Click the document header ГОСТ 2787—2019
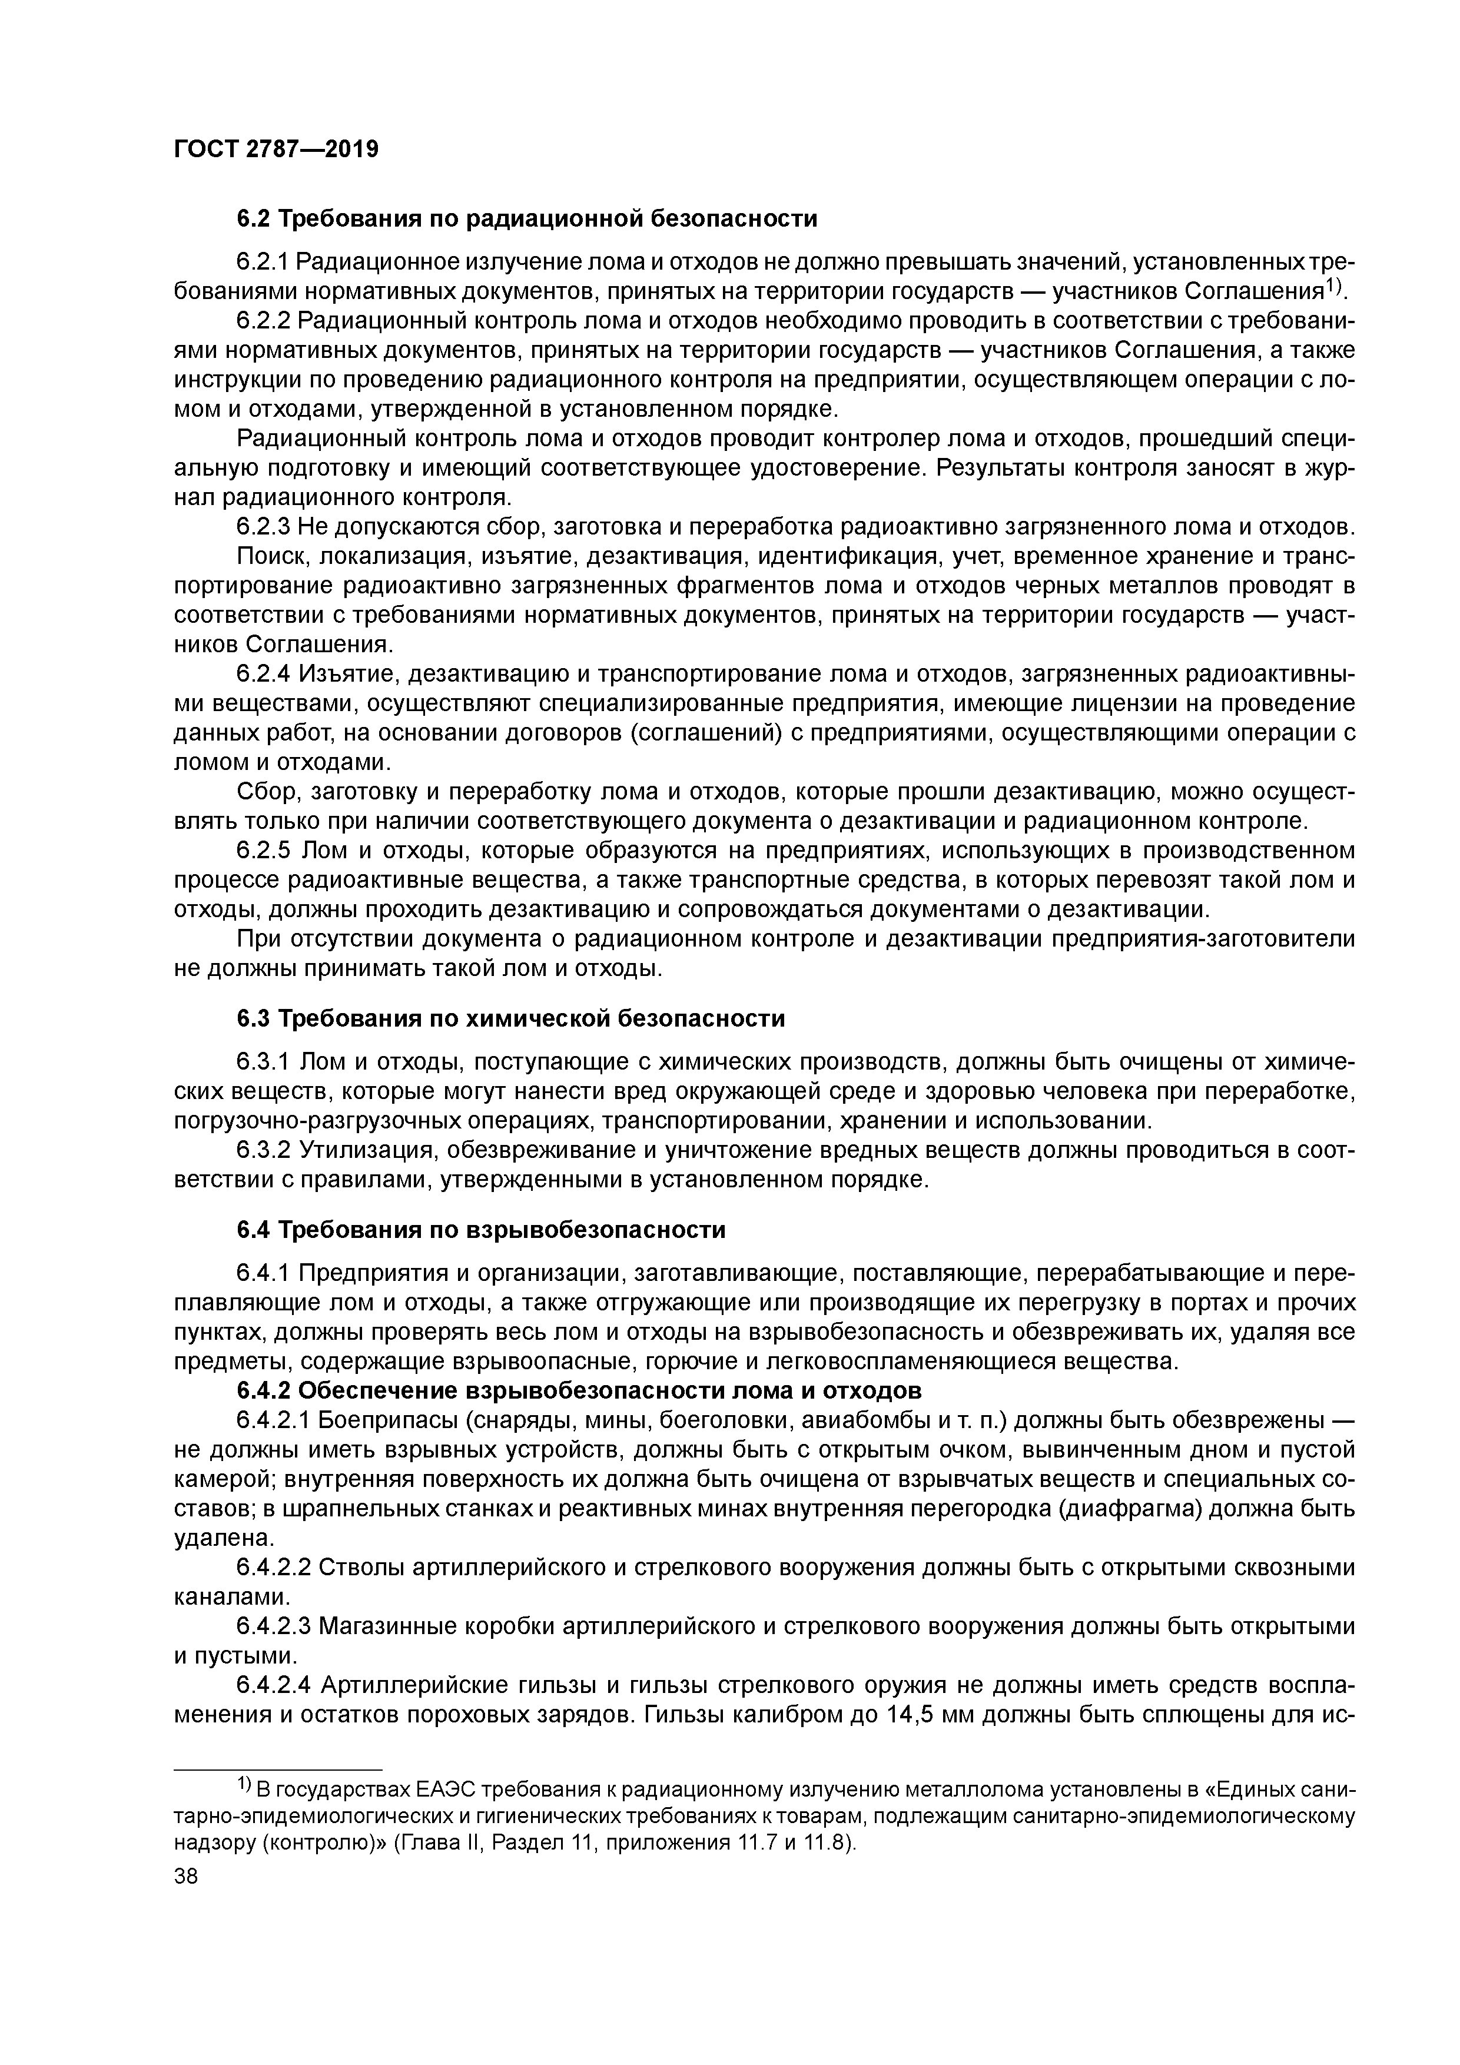(276, 148)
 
